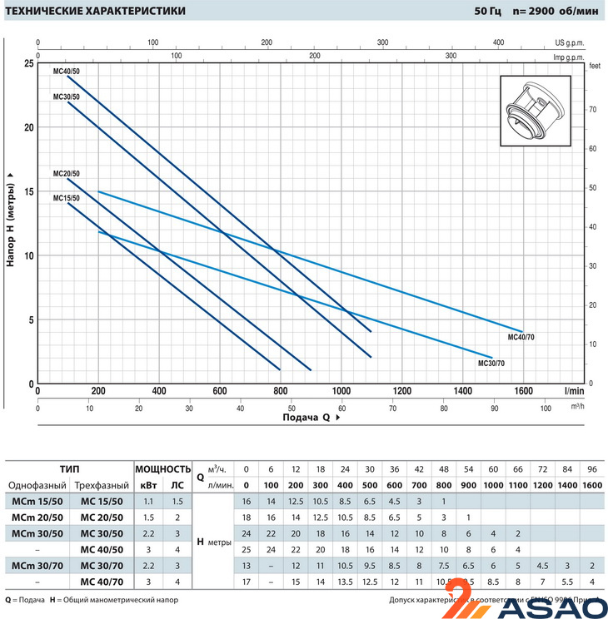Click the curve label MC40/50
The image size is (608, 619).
pos(66,71)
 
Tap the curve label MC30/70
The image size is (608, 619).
pos(491,364)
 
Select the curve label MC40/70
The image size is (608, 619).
pos(521,339)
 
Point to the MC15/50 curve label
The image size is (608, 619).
pos(66,198)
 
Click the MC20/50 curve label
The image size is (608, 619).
pos(66,174)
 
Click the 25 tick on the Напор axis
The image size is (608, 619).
pos(29,64)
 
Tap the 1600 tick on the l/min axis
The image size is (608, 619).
pos(524,390)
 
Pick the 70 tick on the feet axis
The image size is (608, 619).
pos(592,109)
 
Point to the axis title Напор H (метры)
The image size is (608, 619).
pos(11,220)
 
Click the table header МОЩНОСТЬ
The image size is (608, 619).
pos(163,469)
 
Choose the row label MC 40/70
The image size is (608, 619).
pos(103,582)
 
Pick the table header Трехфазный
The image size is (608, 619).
pos(103,486)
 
